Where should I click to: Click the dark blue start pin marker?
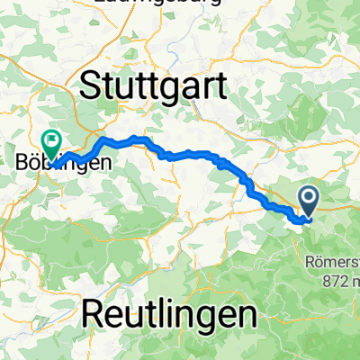point(309,199)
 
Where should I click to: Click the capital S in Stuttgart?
point(92,88)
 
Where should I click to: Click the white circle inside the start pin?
point(309,196)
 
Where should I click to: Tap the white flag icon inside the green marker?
point(50,140)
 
